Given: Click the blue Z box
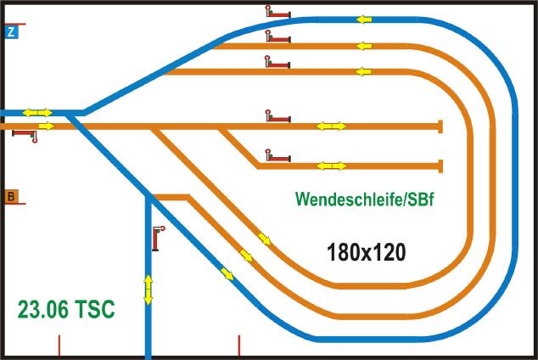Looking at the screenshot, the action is click(11, 32).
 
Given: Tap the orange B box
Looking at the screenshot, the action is click(11, 197).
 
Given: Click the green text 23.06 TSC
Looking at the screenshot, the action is click(66, 309).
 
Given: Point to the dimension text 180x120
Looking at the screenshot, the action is click(366, 252).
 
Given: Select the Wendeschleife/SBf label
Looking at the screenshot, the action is click(364, 199).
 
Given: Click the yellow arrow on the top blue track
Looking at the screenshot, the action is click(364, 20).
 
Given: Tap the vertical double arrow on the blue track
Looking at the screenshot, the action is click(148, 290).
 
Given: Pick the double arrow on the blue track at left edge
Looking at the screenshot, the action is click(37, 113).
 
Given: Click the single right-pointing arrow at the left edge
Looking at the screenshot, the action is click(47, 126).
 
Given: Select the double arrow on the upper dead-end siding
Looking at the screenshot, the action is click(331, 126).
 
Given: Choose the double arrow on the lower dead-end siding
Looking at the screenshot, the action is click(331, 166).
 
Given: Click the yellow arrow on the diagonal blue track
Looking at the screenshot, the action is click(227, 274).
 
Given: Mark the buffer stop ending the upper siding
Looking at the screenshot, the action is click(440, 127).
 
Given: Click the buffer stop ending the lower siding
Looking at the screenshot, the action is click(440, 166).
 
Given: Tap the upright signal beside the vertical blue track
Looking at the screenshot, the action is click(158, 239).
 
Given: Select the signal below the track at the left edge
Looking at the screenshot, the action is click(25, 136).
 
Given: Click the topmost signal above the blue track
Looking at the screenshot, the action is click(278, 11).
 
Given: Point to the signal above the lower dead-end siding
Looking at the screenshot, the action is click(278, 155).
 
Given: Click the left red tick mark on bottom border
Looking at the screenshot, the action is click(59, 346).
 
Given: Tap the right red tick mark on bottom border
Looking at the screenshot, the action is click(239, 346).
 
